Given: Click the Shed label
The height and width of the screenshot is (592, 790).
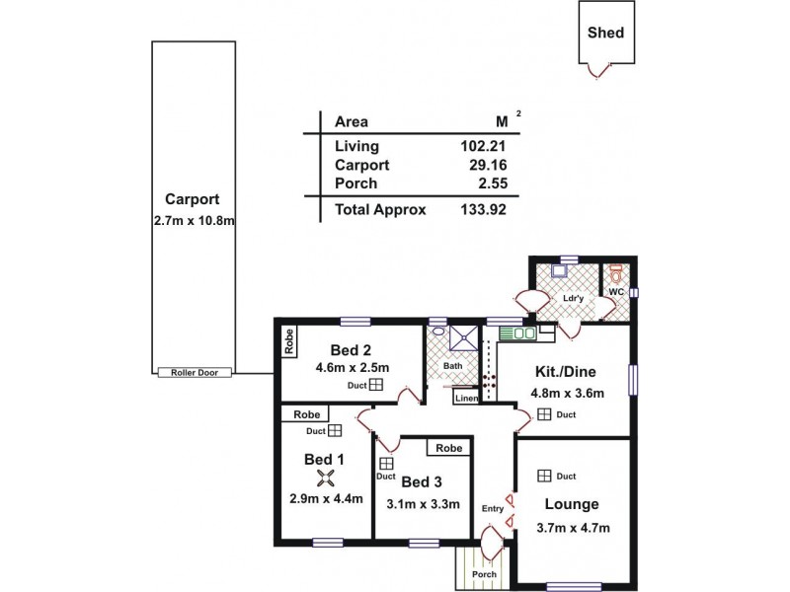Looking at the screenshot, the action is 605,33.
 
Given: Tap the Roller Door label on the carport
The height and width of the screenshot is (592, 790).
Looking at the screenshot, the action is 195,373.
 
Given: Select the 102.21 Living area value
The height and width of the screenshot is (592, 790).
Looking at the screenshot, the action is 483,146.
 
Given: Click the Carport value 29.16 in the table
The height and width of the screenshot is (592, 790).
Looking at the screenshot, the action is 488,165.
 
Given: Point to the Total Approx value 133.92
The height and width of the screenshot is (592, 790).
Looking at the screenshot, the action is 483,209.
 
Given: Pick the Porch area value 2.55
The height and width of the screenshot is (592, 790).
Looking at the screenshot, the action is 493,184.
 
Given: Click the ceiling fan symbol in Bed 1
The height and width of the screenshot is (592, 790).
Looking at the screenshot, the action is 326,478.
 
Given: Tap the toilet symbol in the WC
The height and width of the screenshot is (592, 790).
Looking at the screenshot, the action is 615,274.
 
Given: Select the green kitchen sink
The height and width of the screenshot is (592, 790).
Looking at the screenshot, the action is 517,333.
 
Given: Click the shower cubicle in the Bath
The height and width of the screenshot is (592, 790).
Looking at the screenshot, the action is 463,337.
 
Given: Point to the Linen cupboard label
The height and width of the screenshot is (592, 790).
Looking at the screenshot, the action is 466,399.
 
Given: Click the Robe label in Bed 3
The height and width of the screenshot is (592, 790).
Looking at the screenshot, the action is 449,448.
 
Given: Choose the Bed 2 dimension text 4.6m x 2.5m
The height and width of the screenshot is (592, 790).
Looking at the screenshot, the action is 353,368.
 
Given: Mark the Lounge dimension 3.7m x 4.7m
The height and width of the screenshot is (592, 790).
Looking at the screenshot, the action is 573,528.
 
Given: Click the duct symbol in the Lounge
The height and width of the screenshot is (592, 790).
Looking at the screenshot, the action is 544,476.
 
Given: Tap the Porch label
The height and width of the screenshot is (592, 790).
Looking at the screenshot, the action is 484,574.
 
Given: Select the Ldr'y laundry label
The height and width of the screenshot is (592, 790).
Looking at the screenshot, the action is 574,298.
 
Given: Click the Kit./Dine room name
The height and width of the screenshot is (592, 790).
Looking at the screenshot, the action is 565,372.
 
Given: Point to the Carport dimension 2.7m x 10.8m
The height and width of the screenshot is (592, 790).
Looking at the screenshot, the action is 194,221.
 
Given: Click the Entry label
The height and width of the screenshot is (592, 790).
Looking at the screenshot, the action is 492,509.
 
